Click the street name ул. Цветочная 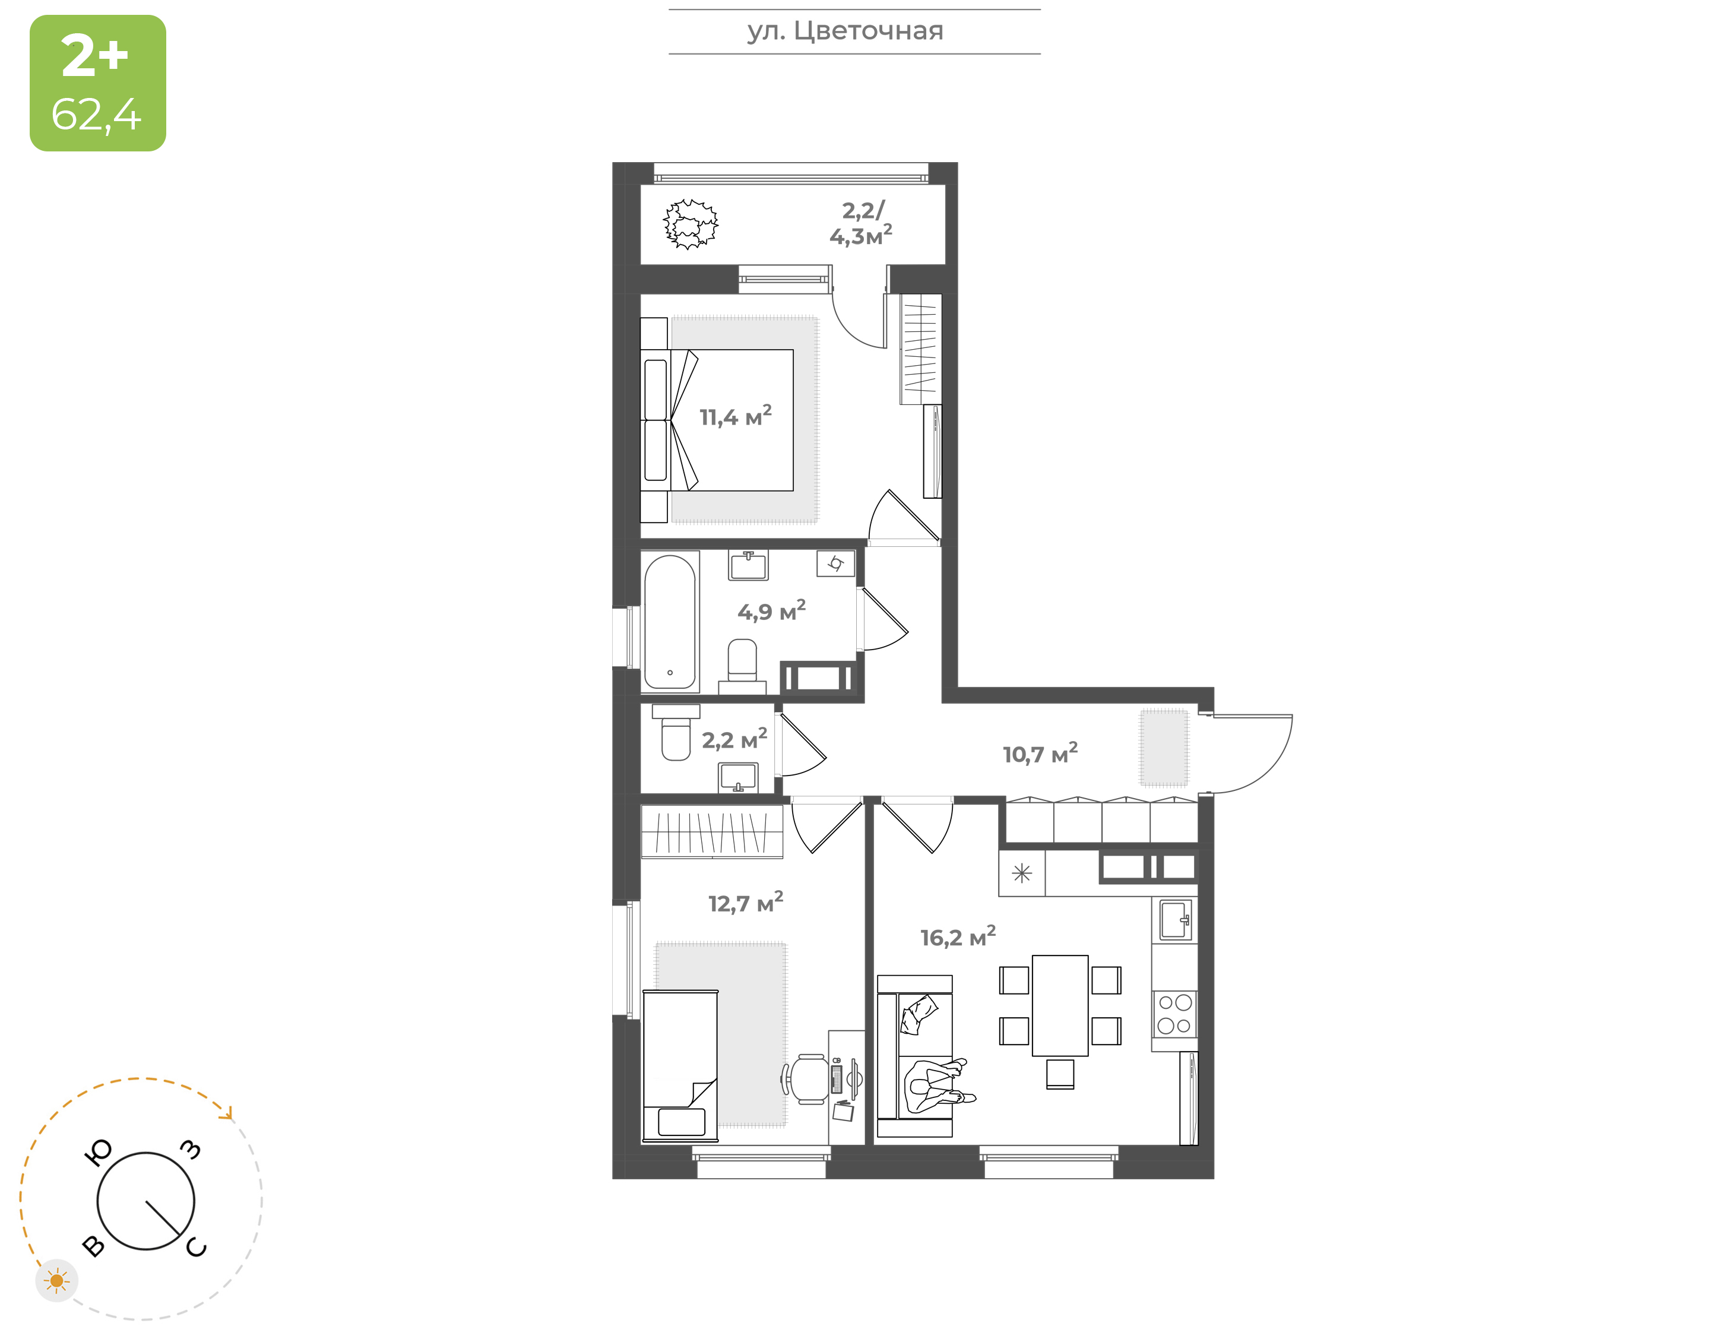845,31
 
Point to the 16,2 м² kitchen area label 958,936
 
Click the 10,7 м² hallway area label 1040,753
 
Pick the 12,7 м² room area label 745,902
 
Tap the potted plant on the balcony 691,224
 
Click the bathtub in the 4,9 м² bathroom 670,622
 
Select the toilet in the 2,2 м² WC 676,733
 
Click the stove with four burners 1174,1014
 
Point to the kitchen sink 1175,919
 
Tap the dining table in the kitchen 1060,1006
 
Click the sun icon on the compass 56,1281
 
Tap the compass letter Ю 98,1153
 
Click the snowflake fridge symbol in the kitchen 1022,873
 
